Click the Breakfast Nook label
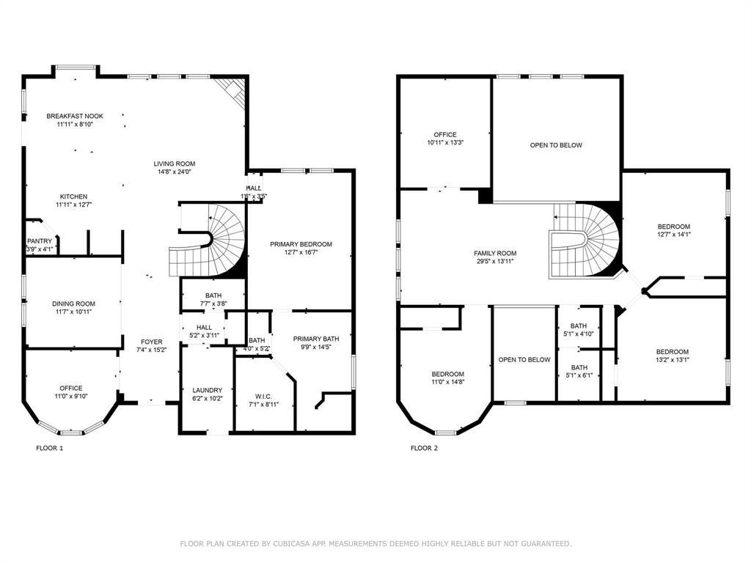click(75, 116)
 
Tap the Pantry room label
click(39, 241)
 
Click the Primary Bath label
click(316, 339)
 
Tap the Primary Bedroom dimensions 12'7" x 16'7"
click(301, 253)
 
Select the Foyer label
click(152, 342)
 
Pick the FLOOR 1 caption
click(50, 447)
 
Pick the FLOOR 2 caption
click(424, 447)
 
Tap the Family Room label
click(495, 253)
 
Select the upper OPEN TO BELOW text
click(556, 145)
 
